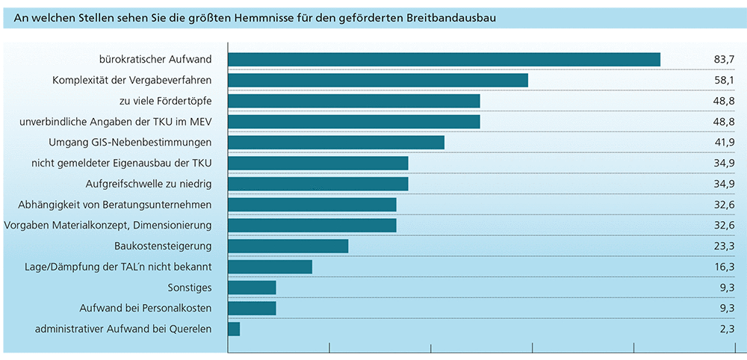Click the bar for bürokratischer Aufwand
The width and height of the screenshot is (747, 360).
(x=444, y=59)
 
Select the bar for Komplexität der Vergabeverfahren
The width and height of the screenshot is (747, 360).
(x=378, y=80)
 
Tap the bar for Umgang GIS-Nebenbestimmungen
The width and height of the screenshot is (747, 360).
(x=336, y=142)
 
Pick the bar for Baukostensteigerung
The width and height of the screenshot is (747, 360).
(x=288, y=246)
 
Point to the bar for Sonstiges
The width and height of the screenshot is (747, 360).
(x=252, y=288)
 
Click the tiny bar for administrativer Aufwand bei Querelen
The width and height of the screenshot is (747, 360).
(x=234, y=329)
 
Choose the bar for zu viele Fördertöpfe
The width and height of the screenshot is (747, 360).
(x=354, y=101)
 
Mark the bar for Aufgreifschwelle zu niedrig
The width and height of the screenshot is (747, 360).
(x=318, y=184)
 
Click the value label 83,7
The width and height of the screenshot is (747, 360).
(x=724, y=59)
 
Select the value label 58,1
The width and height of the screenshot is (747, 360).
(x=724, y=80)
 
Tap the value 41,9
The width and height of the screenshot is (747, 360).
(x=724, y=142)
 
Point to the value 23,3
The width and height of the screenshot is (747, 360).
(x=724, y=246)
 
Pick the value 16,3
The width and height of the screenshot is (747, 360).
(x=724, y=267)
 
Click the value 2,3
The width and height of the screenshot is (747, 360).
(x=726, y=329)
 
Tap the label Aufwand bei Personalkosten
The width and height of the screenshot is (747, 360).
(x=146, y=308)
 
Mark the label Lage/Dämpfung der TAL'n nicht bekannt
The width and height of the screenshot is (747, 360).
(x=119, y=267)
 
